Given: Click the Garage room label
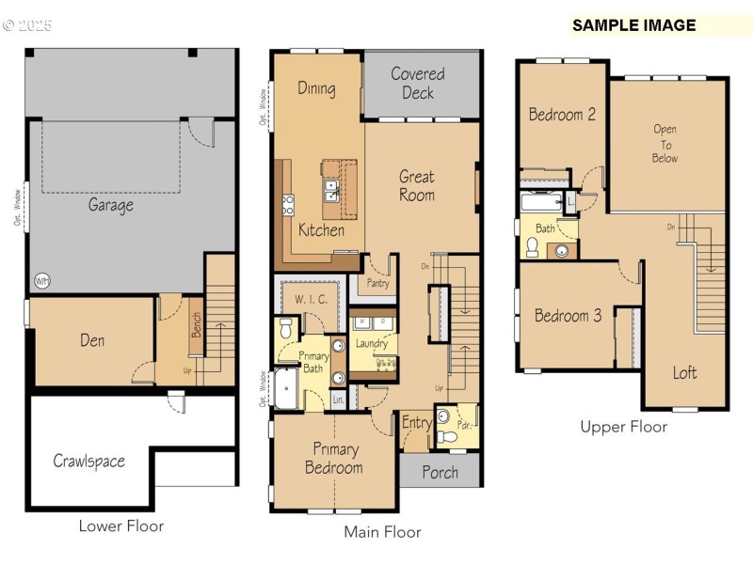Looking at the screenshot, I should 111,204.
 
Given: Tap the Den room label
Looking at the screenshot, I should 92,340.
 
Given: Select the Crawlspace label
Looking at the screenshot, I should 88,461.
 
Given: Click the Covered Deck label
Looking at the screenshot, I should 418,83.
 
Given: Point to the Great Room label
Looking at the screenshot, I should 416,185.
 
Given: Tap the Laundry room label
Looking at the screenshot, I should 372,343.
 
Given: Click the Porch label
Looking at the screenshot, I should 440,472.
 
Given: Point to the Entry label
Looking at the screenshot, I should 416,423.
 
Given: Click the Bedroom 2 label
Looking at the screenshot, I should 562,115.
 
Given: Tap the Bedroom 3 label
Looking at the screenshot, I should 568,315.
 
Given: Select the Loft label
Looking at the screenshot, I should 685,372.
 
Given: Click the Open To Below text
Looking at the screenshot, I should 665,144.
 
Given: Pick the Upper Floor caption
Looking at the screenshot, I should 623,427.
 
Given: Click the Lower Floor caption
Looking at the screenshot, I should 121,526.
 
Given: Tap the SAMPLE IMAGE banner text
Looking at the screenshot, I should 633,25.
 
